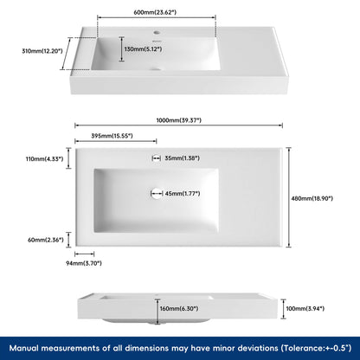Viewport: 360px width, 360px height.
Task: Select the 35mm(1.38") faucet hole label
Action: (x=181, y=158)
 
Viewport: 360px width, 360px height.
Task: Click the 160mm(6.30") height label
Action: (x=179, y=308)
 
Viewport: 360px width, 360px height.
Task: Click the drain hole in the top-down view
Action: (x=157, y=193)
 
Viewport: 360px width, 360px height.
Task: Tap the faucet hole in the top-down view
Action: (x=157, y=158)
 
